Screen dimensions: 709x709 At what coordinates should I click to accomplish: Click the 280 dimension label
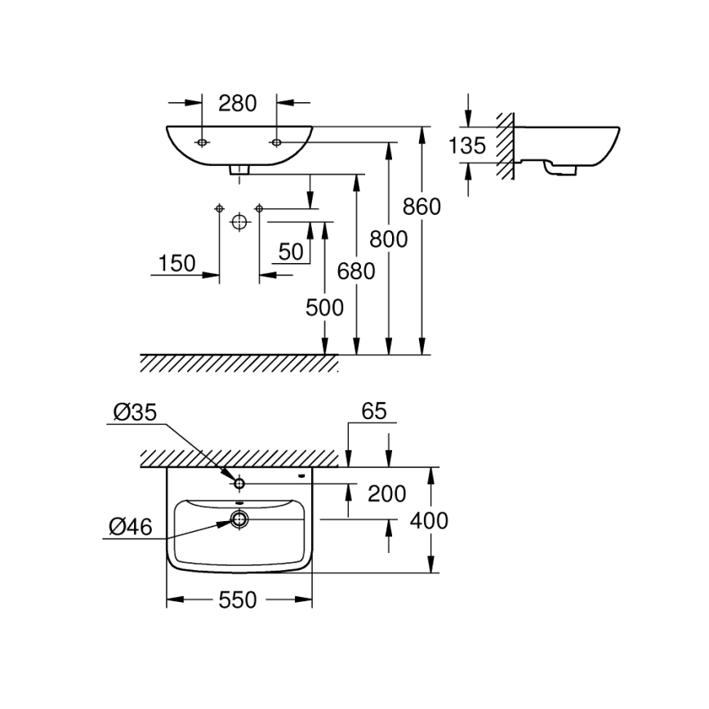[239, 103]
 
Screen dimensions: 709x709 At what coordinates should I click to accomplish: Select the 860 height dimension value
[422, 207]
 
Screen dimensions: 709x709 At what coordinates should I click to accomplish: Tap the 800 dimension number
[389, 239]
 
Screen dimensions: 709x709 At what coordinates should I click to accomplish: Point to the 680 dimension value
[357, 270]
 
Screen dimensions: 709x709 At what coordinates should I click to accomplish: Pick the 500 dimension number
[324, 307]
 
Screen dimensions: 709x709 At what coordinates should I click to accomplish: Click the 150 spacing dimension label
[177, 263]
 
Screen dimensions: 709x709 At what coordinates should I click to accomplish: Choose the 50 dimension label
[291, 252]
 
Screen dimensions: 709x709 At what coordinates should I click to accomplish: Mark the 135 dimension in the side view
[467, 145]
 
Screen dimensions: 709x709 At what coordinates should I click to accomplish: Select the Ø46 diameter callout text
[129, 528]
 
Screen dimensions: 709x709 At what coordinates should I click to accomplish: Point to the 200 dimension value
[387, 493]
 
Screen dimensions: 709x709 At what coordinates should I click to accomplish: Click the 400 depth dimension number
[430, 520]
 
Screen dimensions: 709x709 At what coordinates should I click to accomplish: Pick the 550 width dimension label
[238, 600]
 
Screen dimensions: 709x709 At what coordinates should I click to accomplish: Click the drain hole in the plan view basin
[239, 518]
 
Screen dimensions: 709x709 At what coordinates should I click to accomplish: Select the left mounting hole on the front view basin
[202, 143]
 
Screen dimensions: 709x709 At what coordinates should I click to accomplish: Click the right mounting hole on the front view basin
[276, 143]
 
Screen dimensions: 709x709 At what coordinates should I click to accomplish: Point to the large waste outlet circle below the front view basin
[239, 221]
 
